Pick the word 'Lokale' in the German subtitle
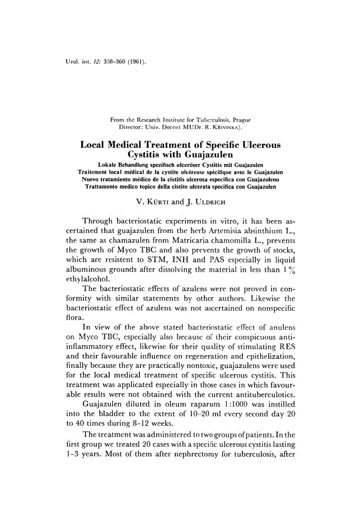[108, 166]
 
